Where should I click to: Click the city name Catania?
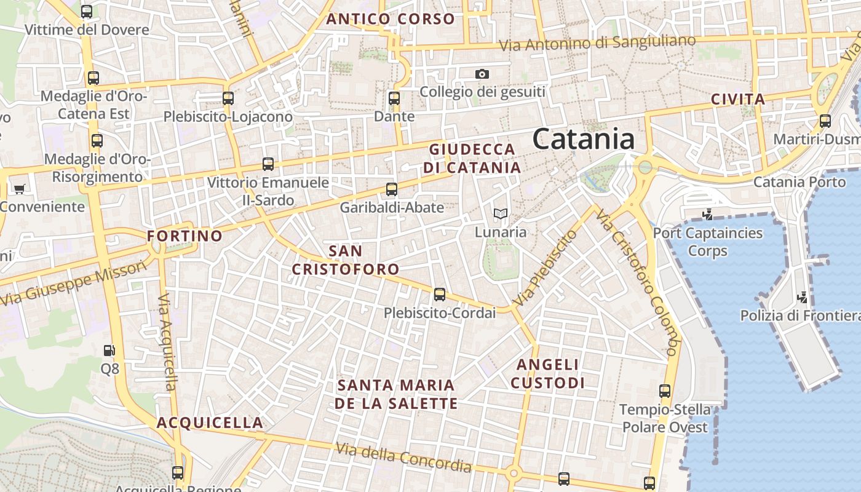click(x=583, y=139)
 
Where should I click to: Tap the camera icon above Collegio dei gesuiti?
click(x=482, y=74)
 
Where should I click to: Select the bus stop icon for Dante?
click(x=394, y=98)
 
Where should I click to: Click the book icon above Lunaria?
click(x=501, y=214)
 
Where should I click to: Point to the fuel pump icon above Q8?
click(x=109, y=351)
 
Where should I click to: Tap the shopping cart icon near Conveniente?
click(x=20, y=189)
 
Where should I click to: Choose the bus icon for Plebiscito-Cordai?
click(x=439, y=295)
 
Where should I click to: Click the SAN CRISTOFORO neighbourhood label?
click(x=346, y=260)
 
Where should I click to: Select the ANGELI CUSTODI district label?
click(x=547, y=374)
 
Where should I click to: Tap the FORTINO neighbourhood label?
click(x=184, y=236)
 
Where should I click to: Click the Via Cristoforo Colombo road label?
click(x=637, y=283)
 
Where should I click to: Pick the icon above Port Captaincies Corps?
click(x=707, y=215)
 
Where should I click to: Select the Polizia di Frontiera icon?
click(x=802, y=298)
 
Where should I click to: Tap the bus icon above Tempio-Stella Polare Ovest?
click(x=664, y=391)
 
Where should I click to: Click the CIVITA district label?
click(x=738, y=100)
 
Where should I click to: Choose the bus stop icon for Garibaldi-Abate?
click(x=392, y=189)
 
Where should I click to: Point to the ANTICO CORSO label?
click(x=391, y=19)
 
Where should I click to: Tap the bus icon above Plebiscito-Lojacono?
click(x=228, y=98)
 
